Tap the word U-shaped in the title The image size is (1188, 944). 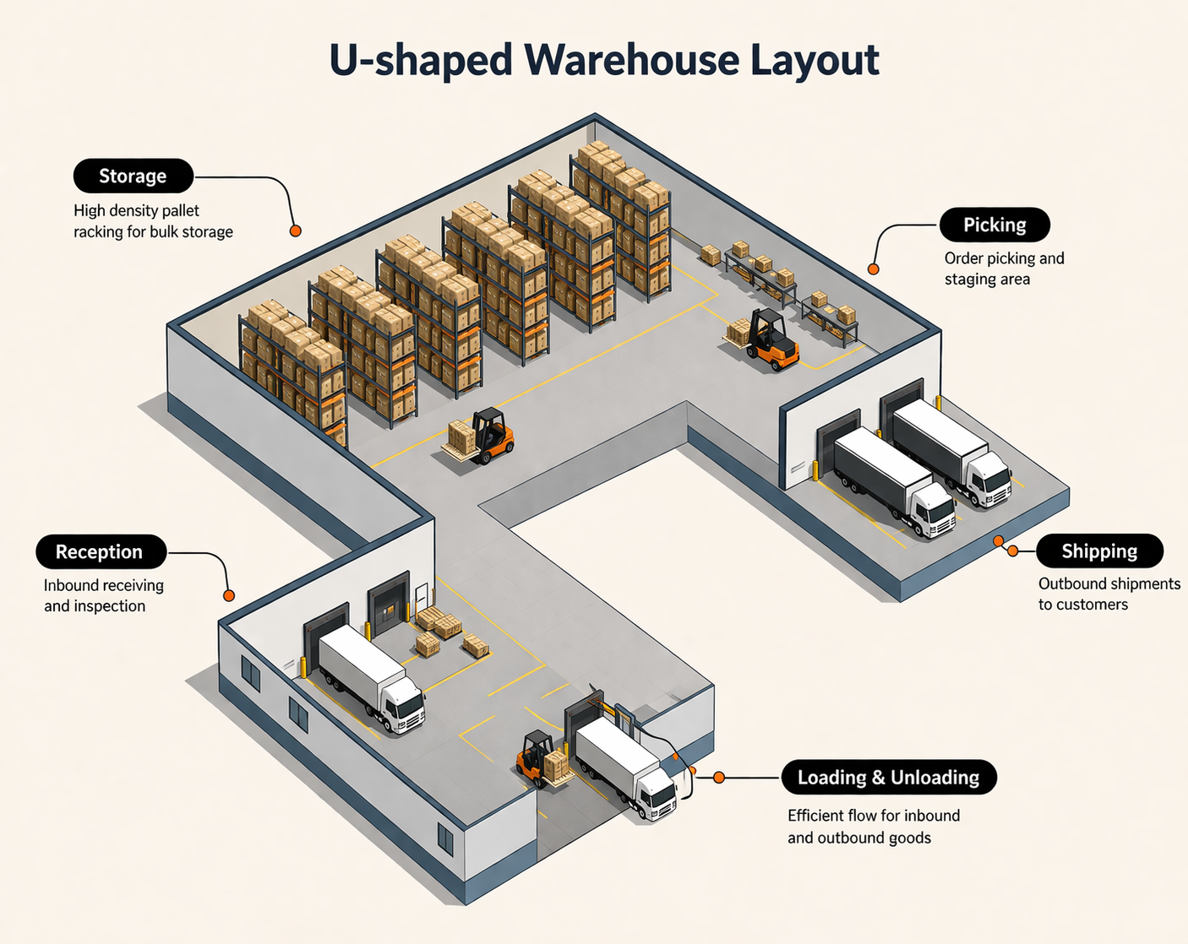point(420,60)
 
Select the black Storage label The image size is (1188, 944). point(134,176)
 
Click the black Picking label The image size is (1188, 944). point(995,225)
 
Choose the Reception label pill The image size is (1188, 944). point(101,551)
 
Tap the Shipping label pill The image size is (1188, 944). point(1099,551)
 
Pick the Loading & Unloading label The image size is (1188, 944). point(888,777)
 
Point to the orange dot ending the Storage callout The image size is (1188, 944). point(295,231)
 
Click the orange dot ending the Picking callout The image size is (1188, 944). point(873,269)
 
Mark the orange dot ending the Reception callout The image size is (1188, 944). point(228,596)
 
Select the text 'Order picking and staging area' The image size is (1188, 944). point(1003,269)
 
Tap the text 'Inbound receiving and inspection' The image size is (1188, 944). point(103,595)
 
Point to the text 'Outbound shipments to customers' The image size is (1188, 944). point(1108,594)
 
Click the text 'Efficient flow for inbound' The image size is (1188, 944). point(873,816)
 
